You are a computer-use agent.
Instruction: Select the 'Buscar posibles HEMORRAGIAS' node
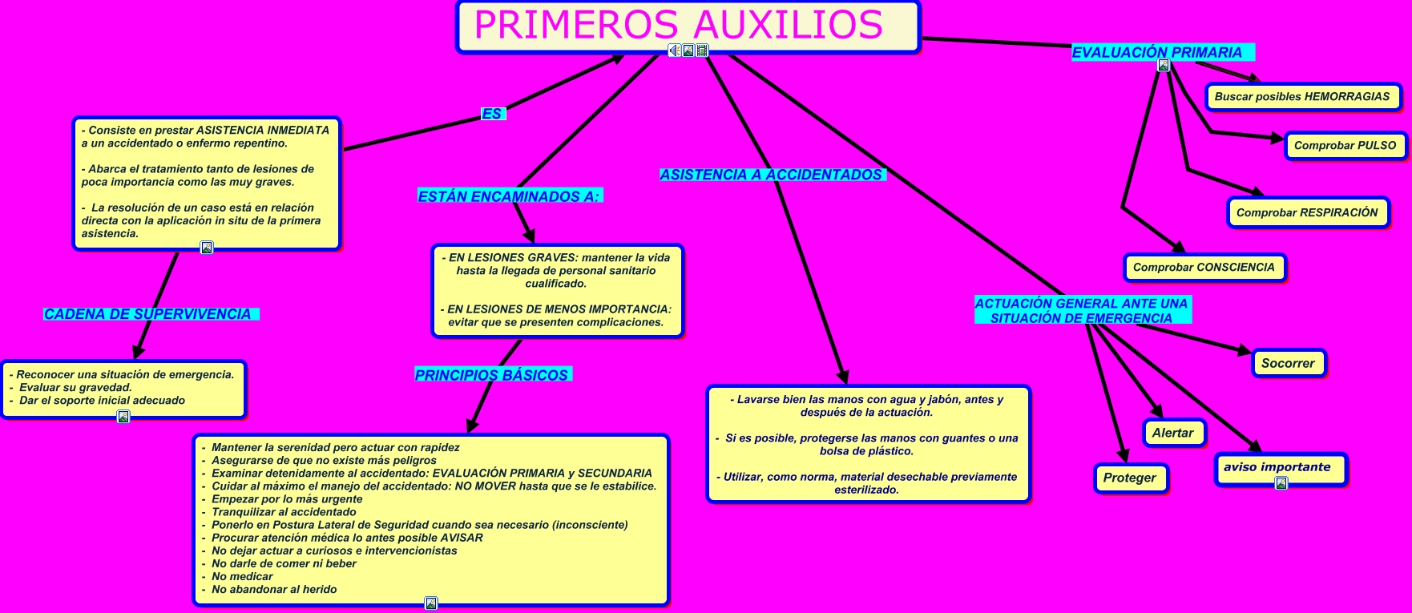pos(1302,97)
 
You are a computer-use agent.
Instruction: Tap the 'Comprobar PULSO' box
pos(1345,146)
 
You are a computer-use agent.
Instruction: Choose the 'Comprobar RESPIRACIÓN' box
pos(1307,212)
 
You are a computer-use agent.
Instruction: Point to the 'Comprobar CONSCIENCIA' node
pos(1204,268)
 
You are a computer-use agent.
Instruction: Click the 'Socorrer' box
pos(1288,363)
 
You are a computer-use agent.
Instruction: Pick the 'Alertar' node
pos(1173,433)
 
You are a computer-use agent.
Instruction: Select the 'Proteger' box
pos(1130,478)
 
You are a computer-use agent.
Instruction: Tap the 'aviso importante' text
pos(1277,467)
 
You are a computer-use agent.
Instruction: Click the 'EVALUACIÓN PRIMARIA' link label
pos(1157,53)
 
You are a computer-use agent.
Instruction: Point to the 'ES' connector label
pos(491,115)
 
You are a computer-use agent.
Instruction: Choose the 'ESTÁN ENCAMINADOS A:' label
pos(509,196)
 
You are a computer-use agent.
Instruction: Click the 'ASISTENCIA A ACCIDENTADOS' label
pos(771,175)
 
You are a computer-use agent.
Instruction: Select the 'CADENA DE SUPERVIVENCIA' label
pos(147,314)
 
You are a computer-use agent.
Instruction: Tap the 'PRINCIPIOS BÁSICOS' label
pos(491,375)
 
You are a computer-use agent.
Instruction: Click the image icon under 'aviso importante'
pos(1281,483)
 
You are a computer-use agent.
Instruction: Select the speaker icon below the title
pos(674,50)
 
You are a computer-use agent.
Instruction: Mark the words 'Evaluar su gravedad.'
pos(75,388)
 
